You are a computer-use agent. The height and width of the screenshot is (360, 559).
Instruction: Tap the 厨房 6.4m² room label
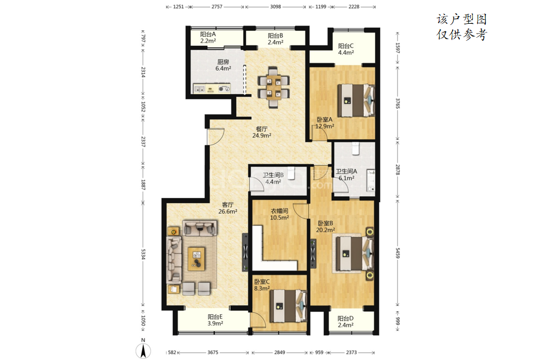pyautogui.click(x=223, y=65)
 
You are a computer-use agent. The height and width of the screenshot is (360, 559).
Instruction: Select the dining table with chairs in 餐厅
pyautogui.click(x=273, y=87)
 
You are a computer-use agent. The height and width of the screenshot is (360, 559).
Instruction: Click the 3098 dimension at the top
pyautogui.click(x=276, y=6)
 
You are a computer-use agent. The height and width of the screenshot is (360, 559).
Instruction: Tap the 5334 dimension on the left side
pyautogui.click(x=143, y=254)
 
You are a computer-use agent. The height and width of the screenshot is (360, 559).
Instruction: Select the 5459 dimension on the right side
pyautogui.click(x=398, y=253)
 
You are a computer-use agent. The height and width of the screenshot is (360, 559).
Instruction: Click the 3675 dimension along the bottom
pyautogui.click(x=213, y=352)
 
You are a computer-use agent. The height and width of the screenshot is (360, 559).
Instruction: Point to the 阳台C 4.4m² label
pyautogui.click(x=346, y=49)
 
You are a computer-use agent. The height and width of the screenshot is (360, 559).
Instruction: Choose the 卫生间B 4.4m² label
pyautogui.click(x=273, y=178)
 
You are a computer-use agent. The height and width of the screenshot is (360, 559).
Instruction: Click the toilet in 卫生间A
pyautogui.click(x=355, y=149)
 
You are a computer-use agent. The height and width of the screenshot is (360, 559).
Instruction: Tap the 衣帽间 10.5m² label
pyautogui.click(x=279, y=214)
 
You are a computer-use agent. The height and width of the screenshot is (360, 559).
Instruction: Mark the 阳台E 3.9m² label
pyautogui.click(x=215, y=320)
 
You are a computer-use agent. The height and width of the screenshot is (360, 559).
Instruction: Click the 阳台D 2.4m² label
pyautogui.click(x=345, y=322)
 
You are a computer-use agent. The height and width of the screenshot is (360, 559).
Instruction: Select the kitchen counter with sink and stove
pyautogui.click(x=212, y=88)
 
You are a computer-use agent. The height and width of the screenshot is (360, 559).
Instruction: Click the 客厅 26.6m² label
pyautogui.click(x=228, y=208)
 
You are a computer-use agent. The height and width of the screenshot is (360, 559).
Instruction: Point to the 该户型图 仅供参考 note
pyautogui.click(x=461, y=27)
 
